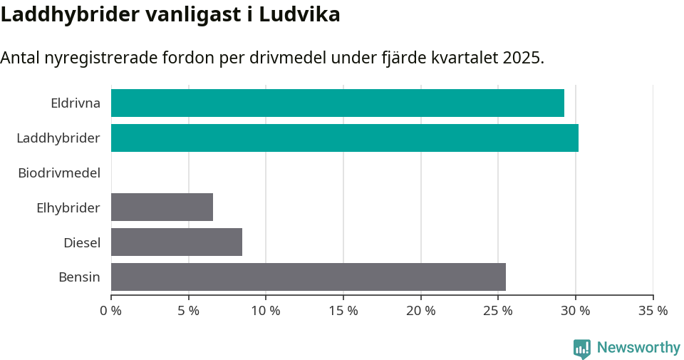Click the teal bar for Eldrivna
click(x=338, y=103)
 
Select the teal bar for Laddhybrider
click(x=345, y=138)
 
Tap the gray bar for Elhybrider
click(x=162, y=207)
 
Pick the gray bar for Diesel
click(x=177, y=242)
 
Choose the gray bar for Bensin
click(x=309, y=277)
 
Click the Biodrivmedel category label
click(x=59, y=173)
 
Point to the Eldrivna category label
click(x=76, y=103)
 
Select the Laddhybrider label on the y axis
click(x=58, y=138)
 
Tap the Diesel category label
click(x=82, y=242)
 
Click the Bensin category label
click(x=79, y=277)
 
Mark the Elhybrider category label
click(x=68, y=207)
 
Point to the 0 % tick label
click(x=111, y=311)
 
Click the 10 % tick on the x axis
click(x=266, y=311)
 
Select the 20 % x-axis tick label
click(x=420, y=311)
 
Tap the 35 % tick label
click(x=653, y=311)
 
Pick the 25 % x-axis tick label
click(x=498, y=311)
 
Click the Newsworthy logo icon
click(x=582, y=348)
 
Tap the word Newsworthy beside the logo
click(x=638, y=348)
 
